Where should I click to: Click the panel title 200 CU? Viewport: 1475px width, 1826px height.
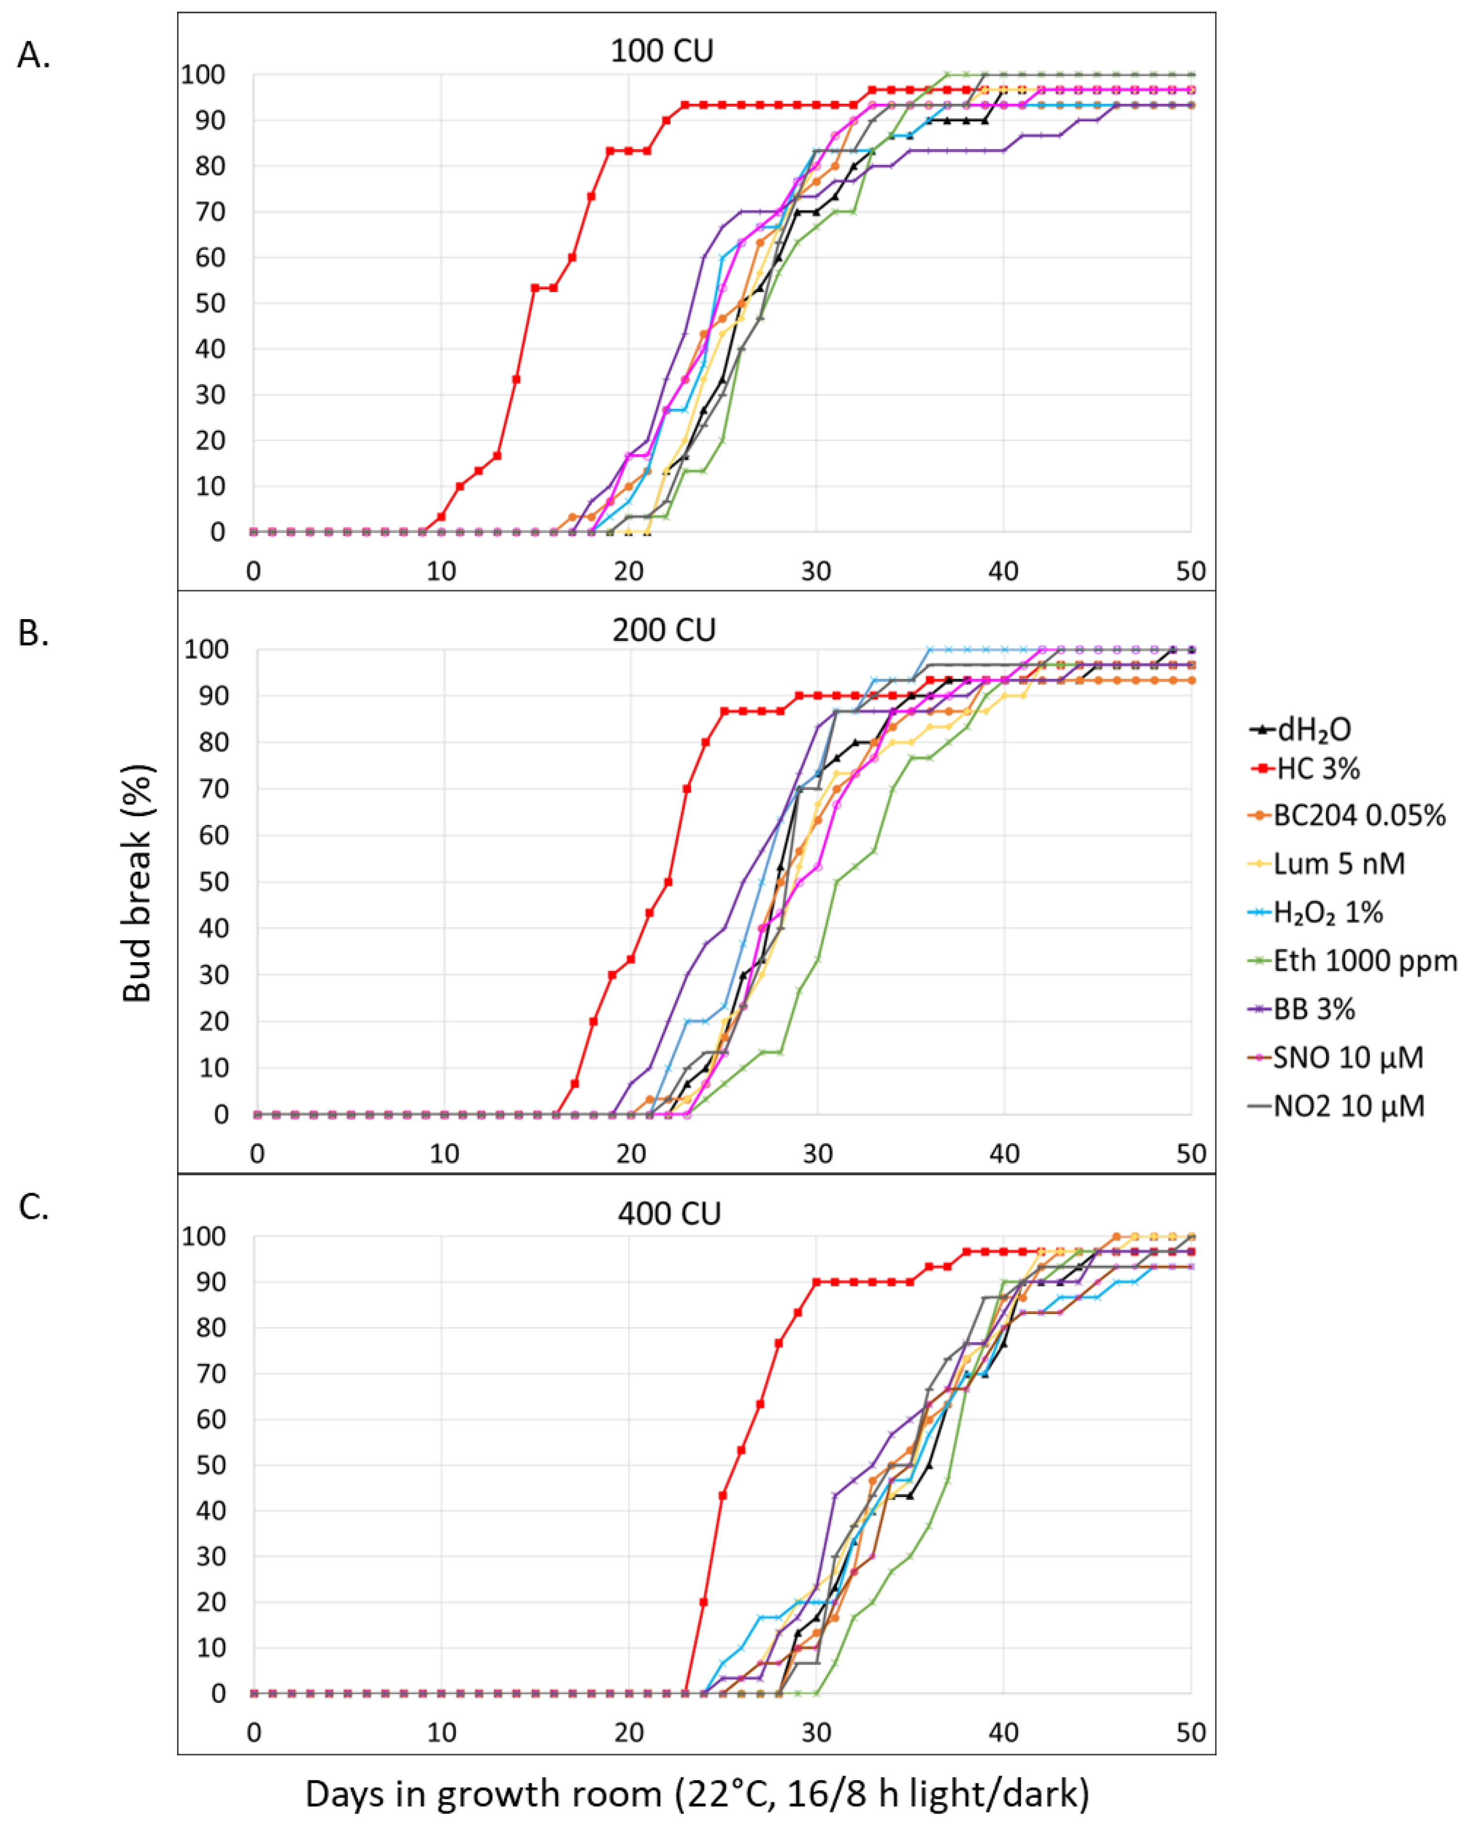coord(664,630)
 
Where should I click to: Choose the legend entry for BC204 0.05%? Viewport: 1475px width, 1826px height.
coord(1358,816)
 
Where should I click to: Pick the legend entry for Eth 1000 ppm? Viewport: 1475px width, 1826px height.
coord(1364,961)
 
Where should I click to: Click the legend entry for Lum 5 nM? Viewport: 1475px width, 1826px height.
coord(1338,864)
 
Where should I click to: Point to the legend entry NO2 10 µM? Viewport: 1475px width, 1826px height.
coord(1347,1106)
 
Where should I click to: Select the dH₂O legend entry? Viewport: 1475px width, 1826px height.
coord(1313,730)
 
